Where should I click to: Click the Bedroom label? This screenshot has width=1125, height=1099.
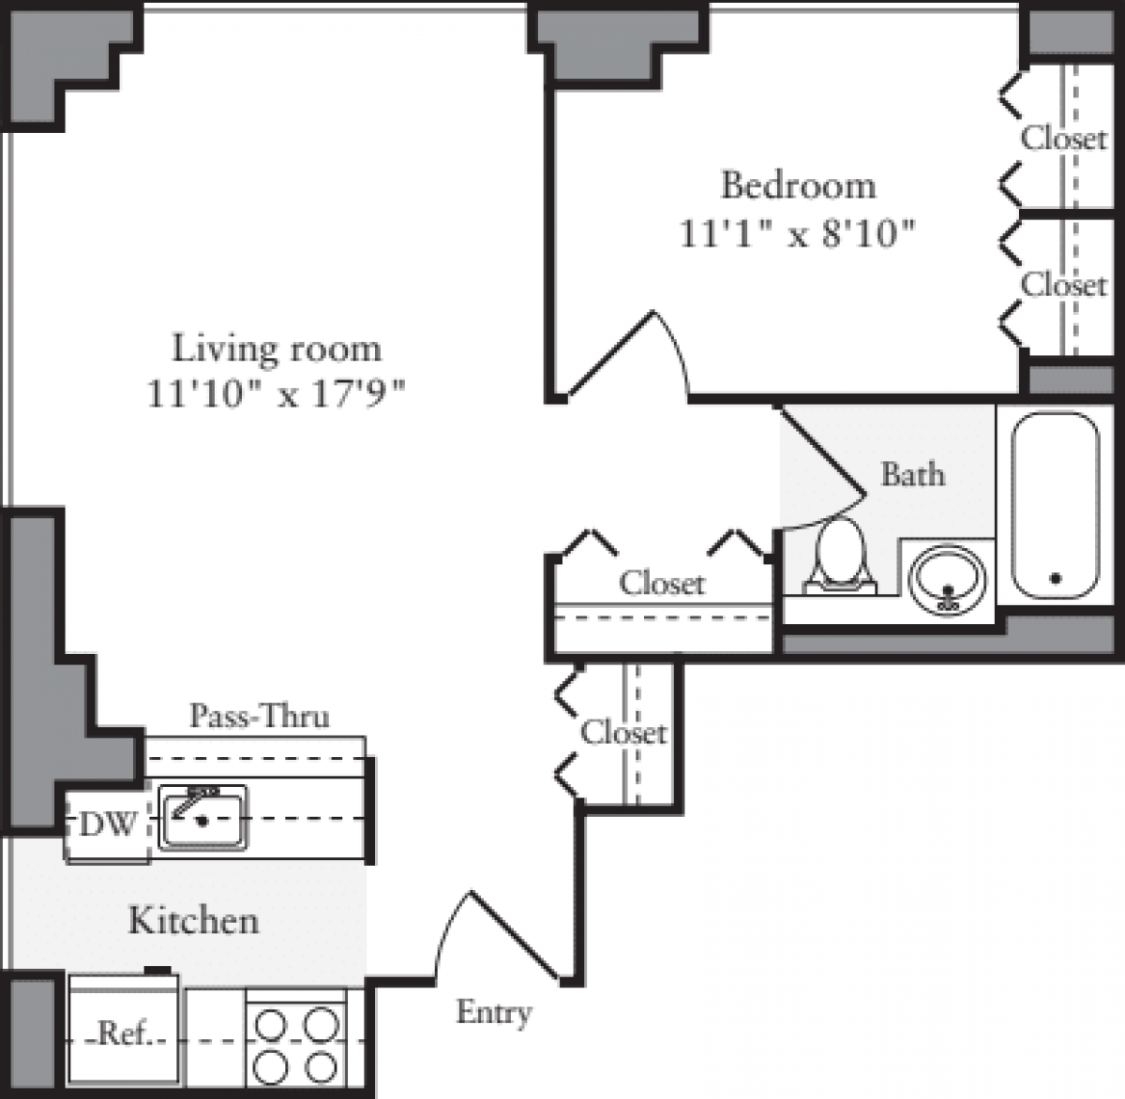tap(798, 186)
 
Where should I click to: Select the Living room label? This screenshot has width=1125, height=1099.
tap(277, 349)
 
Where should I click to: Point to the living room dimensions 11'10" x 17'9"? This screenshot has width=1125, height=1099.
tap(277, 394)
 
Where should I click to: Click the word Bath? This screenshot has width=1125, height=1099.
tap(912, 474)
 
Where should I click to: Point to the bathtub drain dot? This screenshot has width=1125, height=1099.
tap(1055, 578)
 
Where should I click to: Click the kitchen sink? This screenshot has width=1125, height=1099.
tap(202, 817)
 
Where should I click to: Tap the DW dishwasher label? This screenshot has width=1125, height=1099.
tap(107, 825)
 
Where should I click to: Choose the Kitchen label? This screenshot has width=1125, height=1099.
tap(193, 920)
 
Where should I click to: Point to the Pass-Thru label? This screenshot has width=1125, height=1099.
tap(260, 717)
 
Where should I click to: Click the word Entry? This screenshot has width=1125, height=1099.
tap(494, 1013)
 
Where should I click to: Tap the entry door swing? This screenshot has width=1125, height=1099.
tap(497, 937)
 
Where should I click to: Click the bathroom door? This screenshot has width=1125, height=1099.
tap(822, 450)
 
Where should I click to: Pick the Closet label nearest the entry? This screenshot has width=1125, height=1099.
tap(623, 732)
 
